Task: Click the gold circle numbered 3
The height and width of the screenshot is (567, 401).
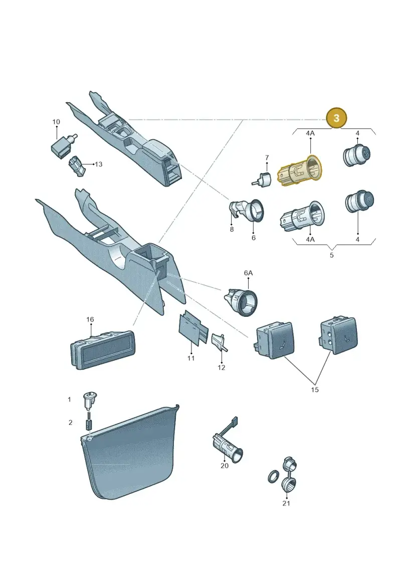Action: pyautogui.click(x=336, y=118)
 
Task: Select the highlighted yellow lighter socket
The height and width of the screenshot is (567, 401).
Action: pyautogui.click(x=299, y=170)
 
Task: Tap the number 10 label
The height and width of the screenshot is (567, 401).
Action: pyautogui.click(x=56, y=122)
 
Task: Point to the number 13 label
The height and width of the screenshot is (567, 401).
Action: pyautogui.click(x=98, y=164)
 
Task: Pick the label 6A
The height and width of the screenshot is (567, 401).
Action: pyautogui.click(x=248, y=273)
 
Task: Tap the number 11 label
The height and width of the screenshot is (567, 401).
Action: pyautogui.click(x=191, y=358)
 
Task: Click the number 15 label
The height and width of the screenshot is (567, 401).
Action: pyautogui.click(x=315, y=390)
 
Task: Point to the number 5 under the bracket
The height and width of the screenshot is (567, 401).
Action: pyautogui.click(x=331, y=255)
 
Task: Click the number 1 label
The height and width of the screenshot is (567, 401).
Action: pyautogui.click(x=70, y=400)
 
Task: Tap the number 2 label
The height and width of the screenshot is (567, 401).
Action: pyautogui.click(x=71, y=422)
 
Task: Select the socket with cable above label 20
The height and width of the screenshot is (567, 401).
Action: pyautogui.click(x=227, y=442)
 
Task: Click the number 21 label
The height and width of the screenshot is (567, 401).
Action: pyautogui.click(x=286, y=503)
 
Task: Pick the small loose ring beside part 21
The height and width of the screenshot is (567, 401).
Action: pyautogui.click(x=273, y=477)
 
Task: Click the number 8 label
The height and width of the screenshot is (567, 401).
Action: pyautogui.click(x=232, y=229)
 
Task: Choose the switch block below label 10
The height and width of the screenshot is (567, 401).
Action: pyautogui.click(x=64, y=145)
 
